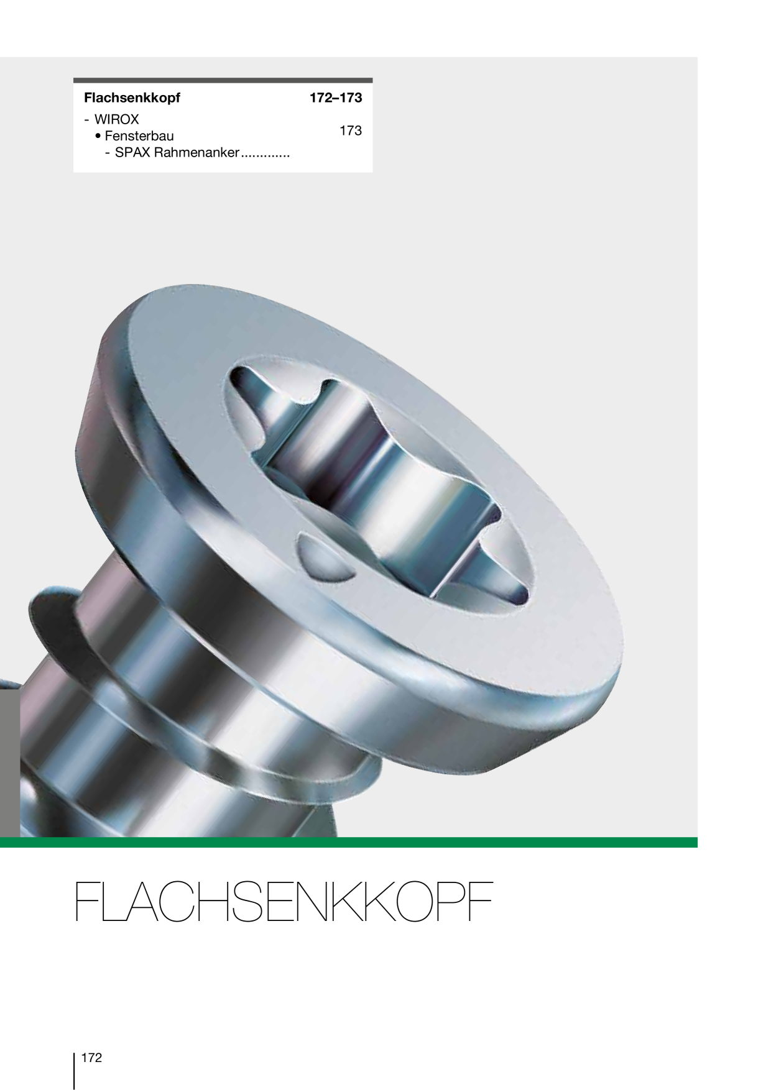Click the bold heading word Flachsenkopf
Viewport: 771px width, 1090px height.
tap(132, 98)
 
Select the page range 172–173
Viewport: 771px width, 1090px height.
tap(336, 98)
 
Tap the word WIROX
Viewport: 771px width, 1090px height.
tap(116, 119)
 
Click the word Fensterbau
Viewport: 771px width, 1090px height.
tap(139, 136)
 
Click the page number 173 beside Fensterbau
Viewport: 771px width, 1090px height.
tap(351, 131)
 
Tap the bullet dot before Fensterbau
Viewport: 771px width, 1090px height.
tap(98, 136)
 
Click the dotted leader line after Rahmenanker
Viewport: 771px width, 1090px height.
tap(265, 157)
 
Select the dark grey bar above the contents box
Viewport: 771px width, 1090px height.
tap(223, 80)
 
